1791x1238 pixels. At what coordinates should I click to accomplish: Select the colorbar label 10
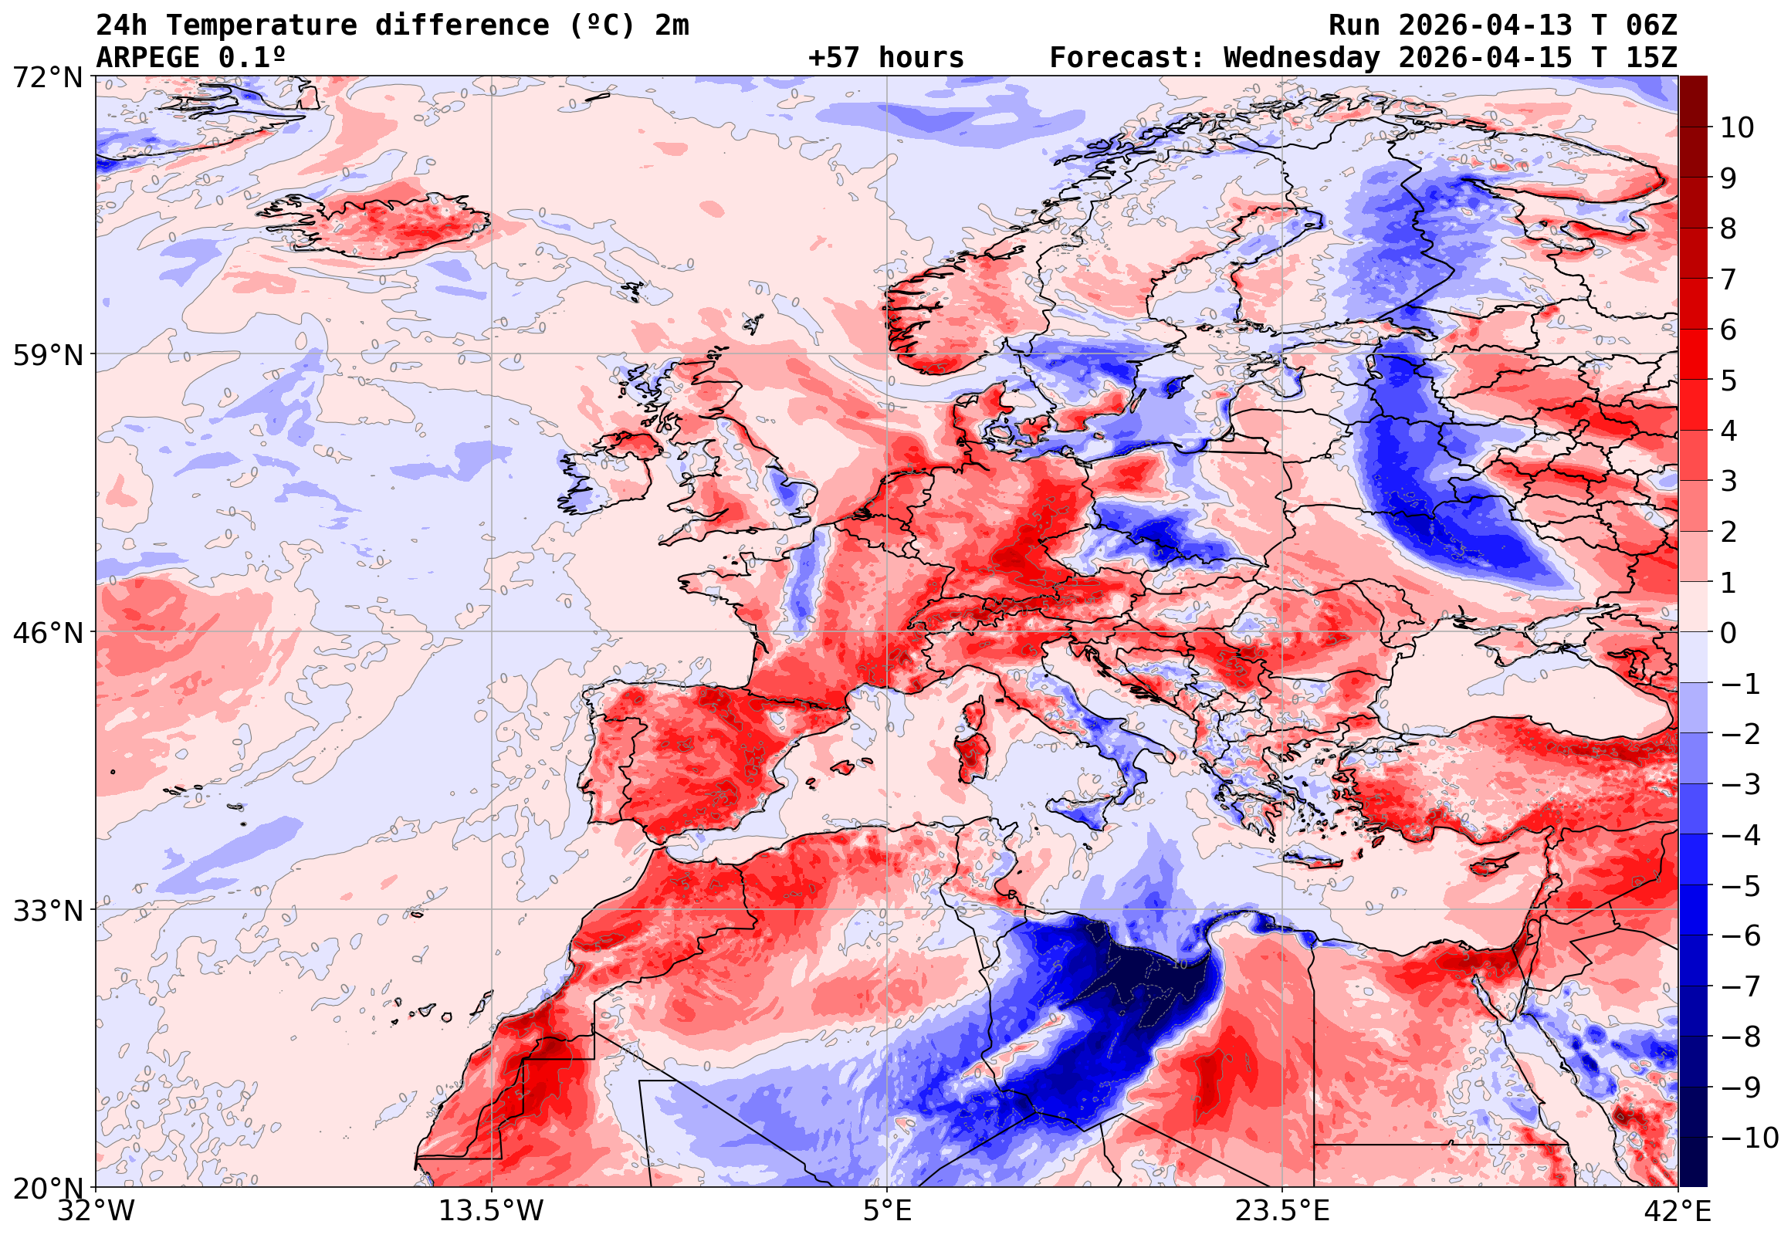1737,128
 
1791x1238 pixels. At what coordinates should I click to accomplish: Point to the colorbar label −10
1749,1138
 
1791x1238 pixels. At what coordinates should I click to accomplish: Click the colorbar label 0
1728,633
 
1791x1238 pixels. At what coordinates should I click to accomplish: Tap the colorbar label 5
1728,381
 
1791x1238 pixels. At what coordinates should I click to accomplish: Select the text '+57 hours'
885,58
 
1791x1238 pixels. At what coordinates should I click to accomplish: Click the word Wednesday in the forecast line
1302,58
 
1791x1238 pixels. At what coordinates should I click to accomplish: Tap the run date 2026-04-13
1485,25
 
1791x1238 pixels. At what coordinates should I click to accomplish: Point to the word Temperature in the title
261,25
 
